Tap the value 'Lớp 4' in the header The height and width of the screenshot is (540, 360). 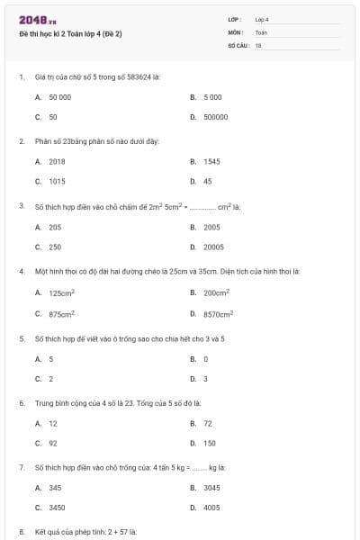(262, 19)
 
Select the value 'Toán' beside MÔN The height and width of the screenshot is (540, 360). (261, 31)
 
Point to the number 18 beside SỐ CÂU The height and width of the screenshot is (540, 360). (258, 44)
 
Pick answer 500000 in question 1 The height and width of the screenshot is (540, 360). (215, 117)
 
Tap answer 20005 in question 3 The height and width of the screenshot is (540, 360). (213, 247)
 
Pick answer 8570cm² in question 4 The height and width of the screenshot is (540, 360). (218, 313)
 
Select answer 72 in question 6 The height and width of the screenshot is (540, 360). (208, 423)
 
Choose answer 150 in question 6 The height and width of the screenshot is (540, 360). (210, 443)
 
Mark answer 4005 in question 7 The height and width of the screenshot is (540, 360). (211, 508)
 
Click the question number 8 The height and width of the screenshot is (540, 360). (21, 532)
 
